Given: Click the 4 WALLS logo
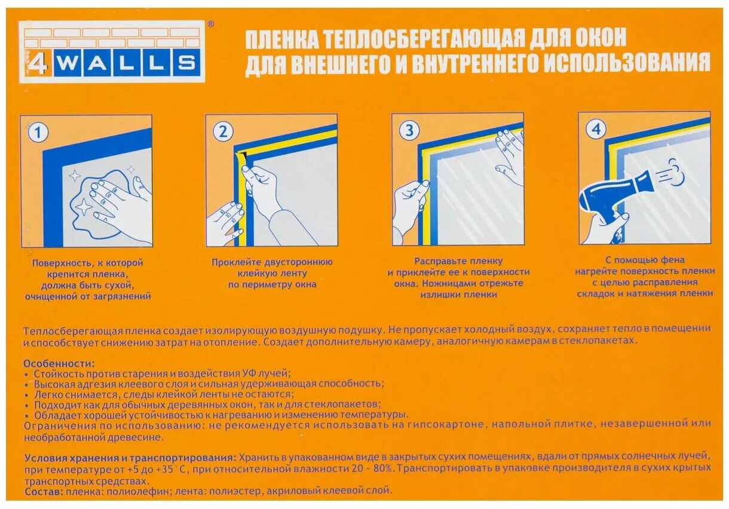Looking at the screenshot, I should (112, 52).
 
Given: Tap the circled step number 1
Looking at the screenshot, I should (38, 133).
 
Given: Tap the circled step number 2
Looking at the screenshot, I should (223, 131).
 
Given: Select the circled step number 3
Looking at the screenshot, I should (409, 131).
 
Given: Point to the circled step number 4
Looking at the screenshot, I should (596, 129).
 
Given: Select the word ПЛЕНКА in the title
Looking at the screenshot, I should (281, 40).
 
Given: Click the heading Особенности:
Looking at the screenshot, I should (59, 363).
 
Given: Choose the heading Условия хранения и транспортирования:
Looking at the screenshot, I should (128, 457).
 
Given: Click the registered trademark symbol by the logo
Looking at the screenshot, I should (210, 24).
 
